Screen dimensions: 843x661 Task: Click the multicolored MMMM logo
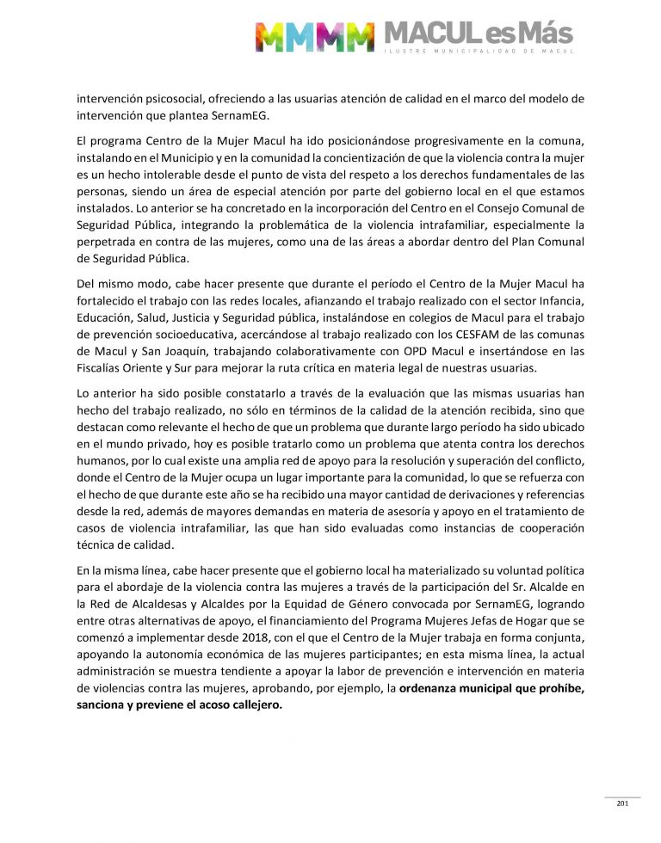[x=316, y=37]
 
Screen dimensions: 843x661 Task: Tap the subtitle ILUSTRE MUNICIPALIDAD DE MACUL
[x=478, y=53]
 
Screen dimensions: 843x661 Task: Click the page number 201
[x=623, y=803]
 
